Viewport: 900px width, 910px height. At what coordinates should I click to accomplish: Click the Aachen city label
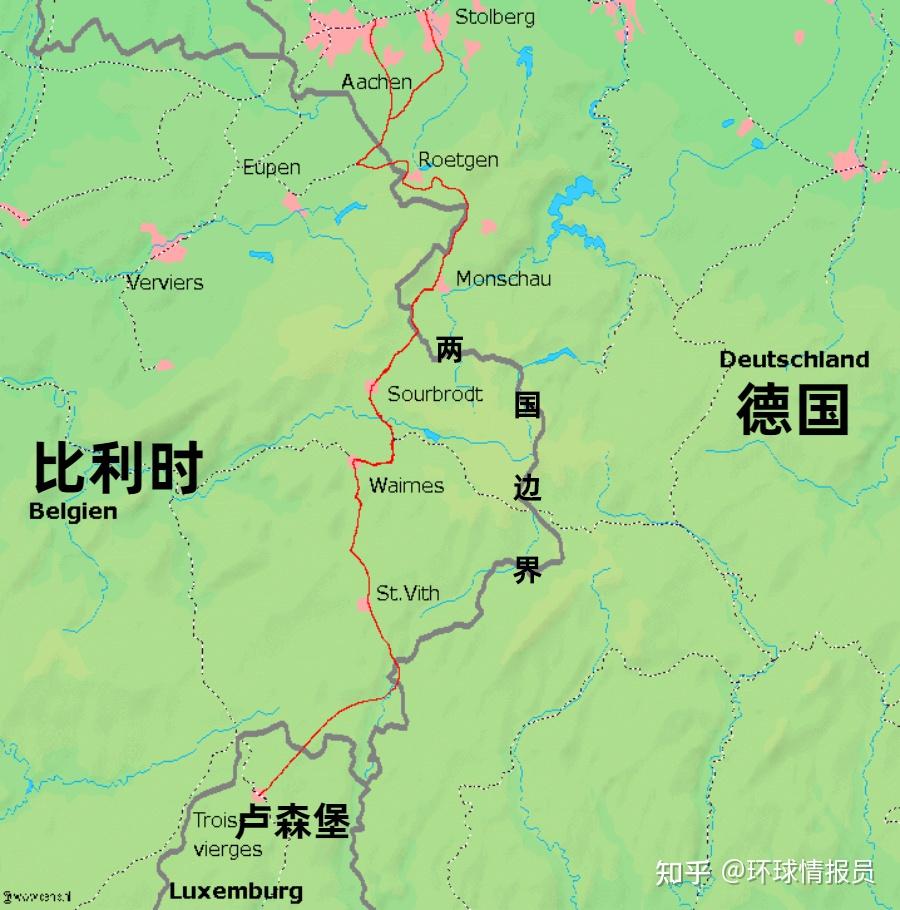[x=376, y=82]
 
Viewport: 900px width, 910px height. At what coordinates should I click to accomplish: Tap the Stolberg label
[x=494, y=17]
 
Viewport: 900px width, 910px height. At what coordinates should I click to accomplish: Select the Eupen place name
[x=271, y=167]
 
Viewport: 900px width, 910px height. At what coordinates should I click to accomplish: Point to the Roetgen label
[x=458, y=159]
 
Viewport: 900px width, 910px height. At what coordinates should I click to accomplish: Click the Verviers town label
[x=165, y=283]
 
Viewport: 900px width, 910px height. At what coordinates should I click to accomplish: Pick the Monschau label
[x=503, y=279]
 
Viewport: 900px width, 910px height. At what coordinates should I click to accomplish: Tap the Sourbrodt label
[x=435, y=394]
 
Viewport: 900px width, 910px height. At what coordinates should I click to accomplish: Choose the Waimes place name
[x=406, y=486]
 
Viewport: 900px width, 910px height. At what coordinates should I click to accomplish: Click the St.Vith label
[x=407, y=593]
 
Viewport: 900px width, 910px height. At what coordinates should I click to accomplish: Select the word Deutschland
[x=794, y=359]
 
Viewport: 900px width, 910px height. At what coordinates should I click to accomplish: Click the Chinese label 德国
[x=793, y=410]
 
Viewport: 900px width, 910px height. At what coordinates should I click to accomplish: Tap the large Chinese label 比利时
[x=119, y=467]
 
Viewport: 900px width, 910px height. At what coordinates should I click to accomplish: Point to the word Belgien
[x=73, y=511]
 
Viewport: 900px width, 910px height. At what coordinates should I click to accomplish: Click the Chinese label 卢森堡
[x=292, y=823]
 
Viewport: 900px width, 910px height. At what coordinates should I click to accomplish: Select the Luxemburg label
[x=235, y=891]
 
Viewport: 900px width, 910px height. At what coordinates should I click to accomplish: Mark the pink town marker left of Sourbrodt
[x=371, y=387]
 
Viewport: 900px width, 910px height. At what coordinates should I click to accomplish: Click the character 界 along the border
[x=527, y=570]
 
